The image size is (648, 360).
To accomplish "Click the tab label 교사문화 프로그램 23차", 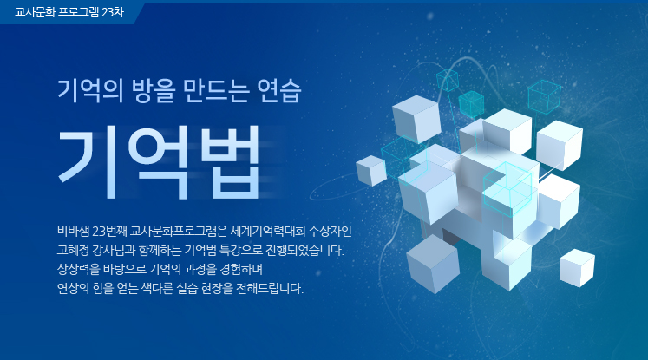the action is [x=69, y=12].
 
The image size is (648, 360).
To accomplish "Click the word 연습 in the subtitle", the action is [x=279, y=90].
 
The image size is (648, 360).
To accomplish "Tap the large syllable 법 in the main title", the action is [x=230, y=162].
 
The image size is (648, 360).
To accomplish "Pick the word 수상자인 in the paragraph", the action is [x=330, y=232].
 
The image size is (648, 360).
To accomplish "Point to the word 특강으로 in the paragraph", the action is [x=241, y=251].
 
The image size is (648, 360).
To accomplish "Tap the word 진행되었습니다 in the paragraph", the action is [x=304, y=251].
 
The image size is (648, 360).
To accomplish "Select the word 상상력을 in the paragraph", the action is [x=79, y=270].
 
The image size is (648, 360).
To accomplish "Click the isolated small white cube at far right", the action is [x=577, y=268].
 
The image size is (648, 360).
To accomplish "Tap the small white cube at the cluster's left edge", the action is [x=370, y=171].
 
